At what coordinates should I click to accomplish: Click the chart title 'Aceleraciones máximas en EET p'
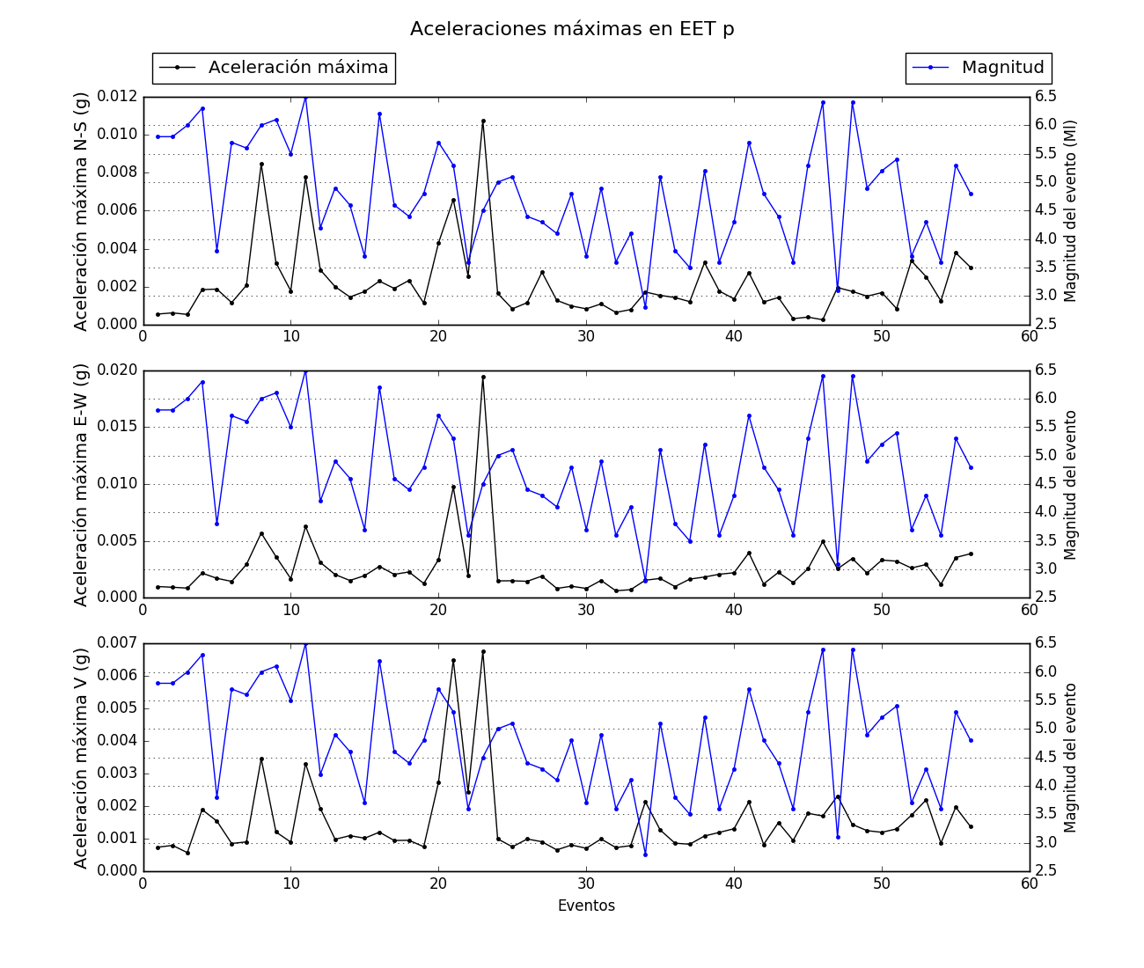(572, 29)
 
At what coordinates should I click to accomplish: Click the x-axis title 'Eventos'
(586, 906)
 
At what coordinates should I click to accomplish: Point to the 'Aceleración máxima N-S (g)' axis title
(81, 211)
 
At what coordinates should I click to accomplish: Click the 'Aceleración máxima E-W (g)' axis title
(81, 484)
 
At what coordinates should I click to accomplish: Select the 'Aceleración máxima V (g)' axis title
(81, 758)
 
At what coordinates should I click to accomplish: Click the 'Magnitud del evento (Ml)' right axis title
(1071, 211)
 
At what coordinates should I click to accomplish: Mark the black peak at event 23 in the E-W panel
(483, 377)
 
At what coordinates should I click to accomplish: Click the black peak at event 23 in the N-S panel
(483, 121)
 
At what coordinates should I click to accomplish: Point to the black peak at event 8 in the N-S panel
(261, 164)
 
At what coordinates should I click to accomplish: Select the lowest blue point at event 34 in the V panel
(645, 854)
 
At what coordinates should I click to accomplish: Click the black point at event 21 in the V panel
(453, 660)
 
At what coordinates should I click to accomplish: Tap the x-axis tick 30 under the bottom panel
(586, 884)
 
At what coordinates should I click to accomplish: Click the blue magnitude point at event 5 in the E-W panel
(216, 524)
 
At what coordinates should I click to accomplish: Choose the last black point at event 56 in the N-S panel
(971, 268)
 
